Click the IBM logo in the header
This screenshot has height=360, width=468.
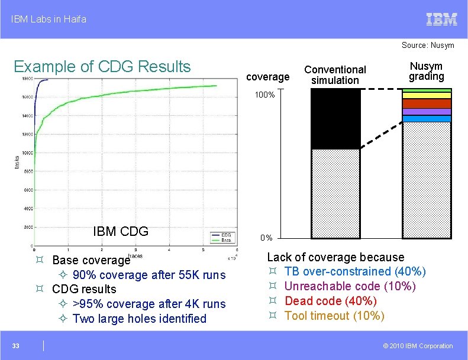[x=442, y=19]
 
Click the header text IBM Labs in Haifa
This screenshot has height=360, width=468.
[x=49, y=19]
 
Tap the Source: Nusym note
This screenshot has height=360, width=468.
[x=428, y=45]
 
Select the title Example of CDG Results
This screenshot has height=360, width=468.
[x=102, y=66]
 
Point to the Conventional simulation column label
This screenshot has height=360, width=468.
[x=335, y=74]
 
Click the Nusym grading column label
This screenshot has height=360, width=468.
[x=426, y=72]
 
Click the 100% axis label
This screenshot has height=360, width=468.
[x=265, y=95]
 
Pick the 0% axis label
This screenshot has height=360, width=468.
[x=266, y=238]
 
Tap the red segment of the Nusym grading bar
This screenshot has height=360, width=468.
[x=427, y=103]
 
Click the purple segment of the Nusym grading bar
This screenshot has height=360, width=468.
[x=427, y=112]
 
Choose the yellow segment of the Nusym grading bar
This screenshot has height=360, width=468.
[x=427, y=95]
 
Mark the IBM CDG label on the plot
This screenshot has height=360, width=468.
[x=121, y=231]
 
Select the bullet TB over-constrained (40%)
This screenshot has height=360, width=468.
[x=354, y=271]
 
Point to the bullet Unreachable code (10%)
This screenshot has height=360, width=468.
[x=350, y=286]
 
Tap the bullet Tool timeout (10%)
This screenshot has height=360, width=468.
[x=334, y=316]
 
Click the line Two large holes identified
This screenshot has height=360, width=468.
[x=139, y=319]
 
